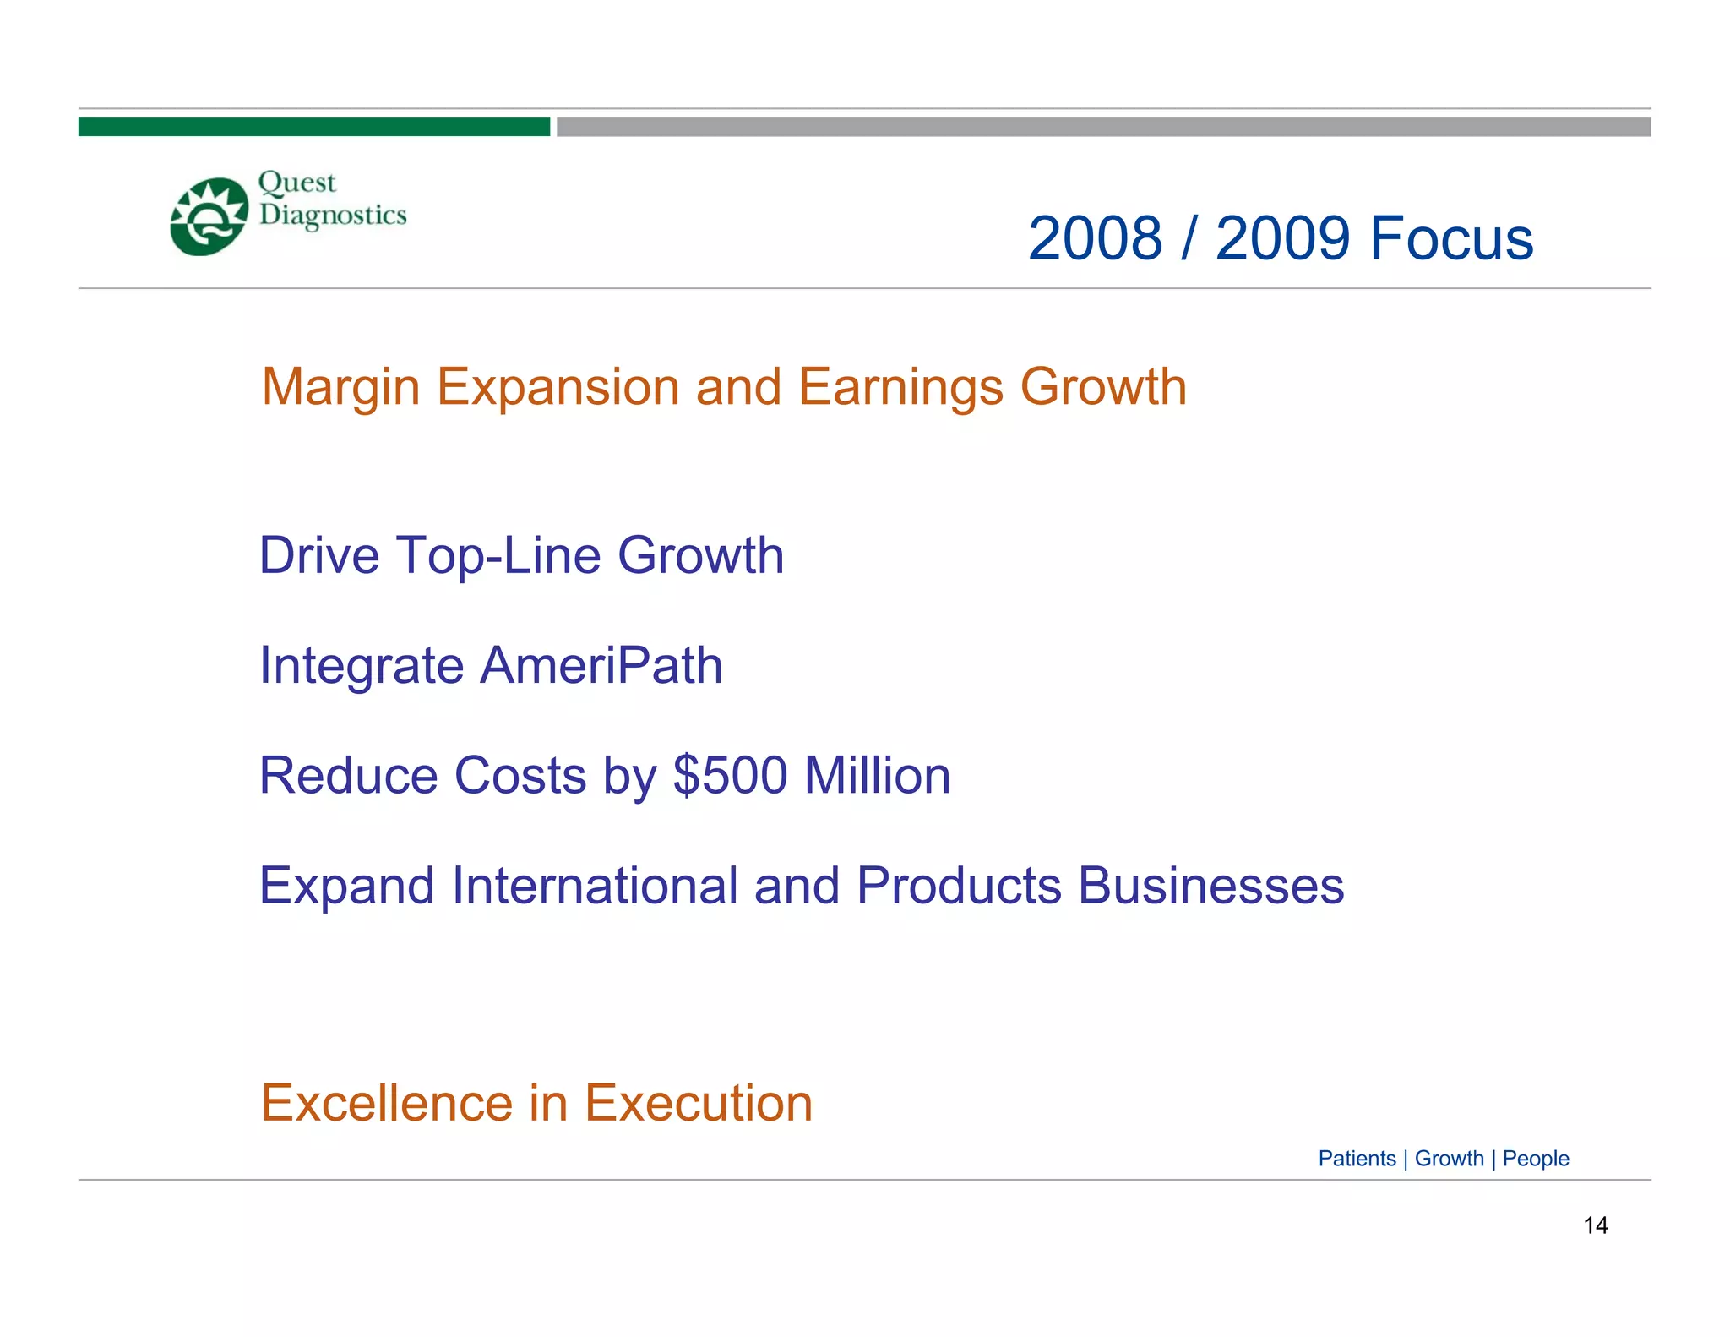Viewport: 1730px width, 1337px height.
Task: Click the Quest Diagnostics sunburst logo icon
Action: pos(209,216)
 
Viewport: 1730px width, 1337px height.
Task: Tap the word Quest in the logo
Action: pos(296,183)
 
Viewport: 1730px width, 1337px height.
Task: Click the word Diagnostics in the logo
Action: pos(333,216)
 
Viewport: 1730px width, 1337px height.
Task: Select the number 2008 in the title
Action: pos(1095,238)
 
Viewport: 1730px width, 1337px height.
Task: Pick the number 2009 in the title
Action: pos(1282,238)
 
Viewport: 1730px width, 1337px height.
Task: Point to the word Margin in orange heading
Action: pos(340,388)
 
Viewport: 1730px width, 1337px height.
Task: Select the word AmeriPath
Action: pos(601,665)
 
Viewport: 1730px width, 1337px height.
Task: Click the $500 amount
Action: pos(730,776)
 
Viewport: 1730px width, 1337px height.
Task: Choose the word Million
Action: pos(877,776)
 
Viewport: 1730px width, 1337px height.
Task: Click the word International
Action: pos(595,886)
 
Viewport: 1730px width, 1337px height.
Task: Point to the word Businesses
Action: pos(1210,886)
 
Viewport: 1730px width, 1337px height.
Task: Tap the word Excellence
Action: pos(387,1103)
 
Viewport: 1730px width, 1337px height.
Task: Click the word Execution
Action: pos(699,1103)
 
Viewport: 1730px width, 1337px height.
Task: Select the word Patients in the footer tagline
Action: pos(1357,1159)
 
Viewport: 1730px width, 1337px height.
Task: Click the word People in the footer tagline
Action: pos(1535,1159)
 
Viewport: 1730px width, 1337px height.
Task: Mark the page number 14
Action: pos(1595,1225)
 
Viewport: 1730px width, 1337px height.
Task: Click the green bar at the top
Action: pos(313,127)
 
